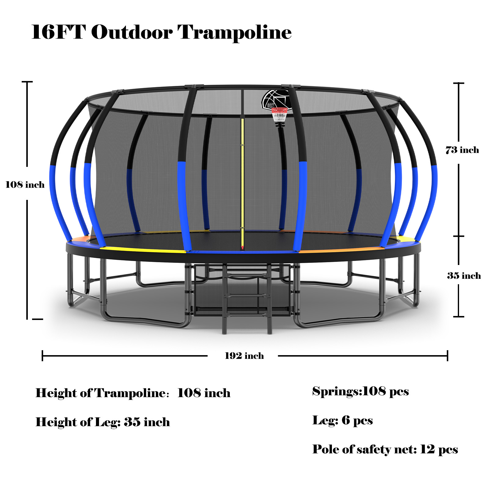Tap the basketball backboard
275,99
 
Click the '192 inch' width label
244,356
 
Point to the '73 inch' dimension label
462,150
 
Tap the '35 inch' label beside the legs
464,276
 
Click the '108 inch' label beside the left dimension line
25,185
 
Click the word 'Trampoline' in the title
234,32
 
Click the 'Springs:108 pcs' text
360,391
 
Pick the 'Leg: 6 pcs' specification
342,421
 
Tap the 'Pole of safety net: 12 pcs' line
385,449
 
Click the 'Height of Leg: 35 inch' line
103,422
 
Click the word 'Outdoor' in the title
132,32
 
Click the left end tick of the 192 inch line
42,356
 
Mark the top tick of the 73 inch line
459,83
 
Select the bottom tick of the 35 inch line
459,316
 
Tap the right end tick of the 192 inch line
447,356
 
